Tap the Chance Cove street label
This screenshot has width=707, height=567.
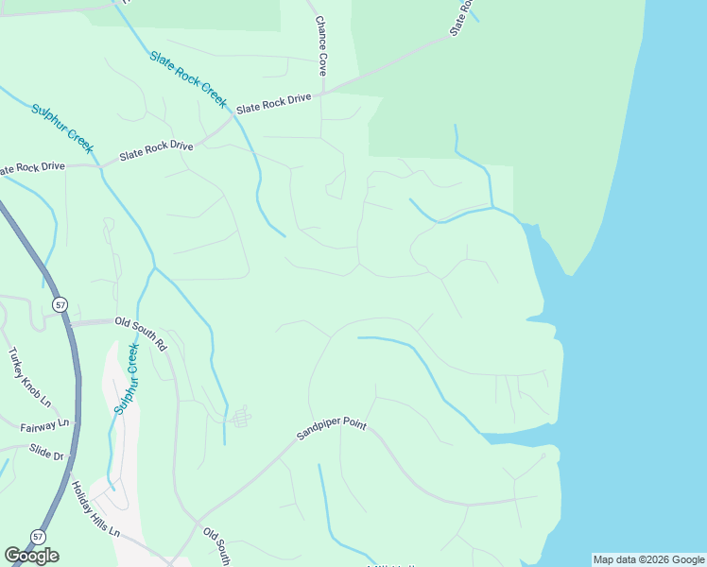321,45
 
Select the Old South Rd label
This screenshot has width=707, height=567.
141,334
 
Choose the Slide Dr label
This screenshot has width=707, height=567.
45,452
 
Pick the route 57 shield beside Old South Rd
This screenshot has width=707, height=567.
60,305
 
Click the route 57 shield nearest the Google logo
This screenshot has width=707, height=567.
37,536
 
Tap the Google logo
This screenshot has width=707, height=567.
31,556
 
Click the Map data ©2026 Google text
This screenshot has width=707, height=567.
648,559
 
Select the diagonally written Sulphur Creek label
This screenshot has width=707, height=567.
63,129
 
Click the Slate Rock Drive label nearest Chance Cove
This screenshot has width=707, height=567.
274,103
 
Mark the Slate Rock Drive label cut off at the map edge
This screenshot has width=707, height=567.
34,168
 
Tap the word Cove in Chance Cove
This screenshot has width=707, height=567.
321,63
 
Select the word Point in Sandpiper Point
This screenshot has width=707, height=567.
353,421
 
